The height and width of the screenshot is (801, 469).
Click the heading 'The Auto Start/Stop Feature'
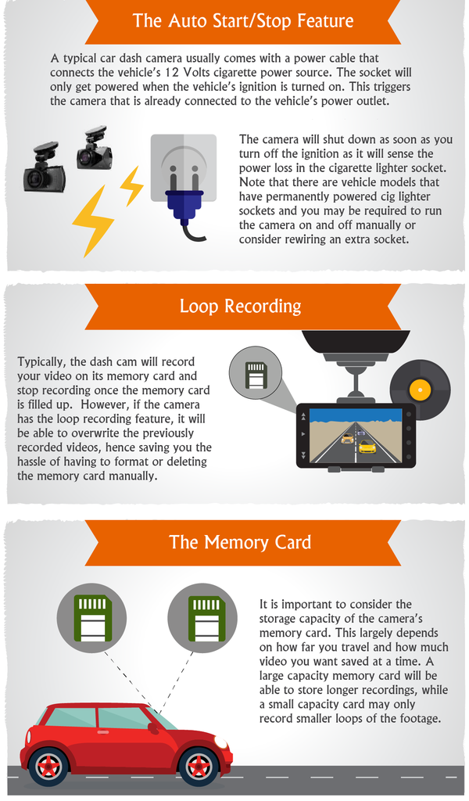coord(243,21)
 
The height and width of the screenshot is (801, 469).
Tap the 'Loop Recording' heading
coord(241,306)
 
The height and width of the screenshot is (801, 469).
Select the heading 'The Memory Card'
coord(240,542)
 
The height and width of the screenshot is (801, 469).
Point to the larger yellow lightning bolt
coord(92,221)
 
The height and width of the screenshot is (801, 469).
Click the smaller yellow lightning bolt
coord(131,186)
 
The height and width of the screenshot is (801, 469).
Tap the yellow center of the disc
coord(420,390)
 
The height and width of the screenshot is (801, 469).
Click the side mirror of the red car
coord(152,728)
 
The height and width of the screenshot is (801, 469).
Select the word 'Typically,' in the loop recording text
coord(42,362)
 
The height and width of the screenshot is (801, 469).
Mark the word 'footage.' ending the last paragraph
coord(421,718)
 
